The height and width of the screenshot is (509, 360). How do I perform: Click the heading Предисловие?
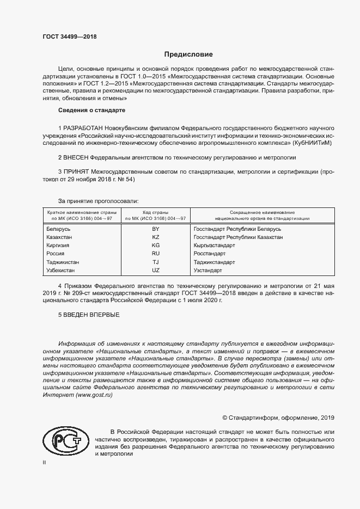[188, 54]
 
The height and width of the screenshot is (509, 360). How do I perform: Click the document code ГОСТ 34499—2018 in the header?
[69, 36]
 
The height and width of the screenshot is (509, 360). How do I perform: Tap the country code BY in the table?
[155, 229]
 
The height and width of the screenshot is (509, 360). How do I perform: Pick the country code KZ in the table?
[155, 237]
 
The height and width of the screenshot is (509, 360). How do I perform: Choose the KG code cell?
[155, 246]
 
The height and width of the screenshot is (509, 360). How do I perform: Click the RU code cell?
[155, 254]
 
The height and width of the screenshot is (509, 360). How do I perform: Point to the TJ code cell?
[155, 262]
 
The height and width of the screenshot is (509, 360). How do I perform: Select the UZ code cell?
[155, 270]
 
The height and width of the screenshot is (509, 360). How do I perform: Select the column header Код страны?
[155, 212]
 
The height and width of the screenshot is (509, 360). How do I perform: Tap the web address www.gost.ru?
[90, 394]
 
